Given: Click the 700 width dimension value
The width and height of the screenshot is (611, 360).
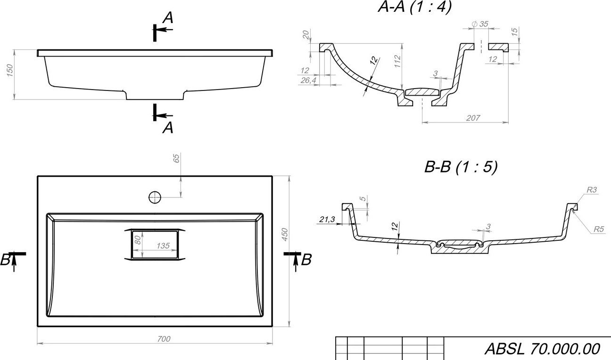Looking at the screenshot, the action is click(164, 339).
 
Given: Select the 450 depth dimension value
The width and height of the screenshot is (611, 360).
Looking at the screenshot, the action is click(284, 235).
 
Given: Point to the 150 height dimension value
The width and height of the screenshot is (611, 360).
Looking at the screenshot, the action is click(10, 70).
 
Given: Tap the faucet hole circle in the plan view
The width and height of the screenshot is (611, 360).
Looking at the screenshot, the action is click(155, 197).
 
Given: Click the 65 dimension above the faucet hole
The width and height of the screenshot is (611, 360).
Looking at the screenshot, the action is click(176, 158).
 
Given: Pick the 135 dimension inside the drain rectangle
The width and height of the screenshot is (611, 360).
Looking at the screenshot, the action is click(163, 246).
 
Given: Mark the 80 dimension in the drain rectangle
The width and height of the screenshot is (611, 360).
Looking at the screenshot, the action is click(138, 240).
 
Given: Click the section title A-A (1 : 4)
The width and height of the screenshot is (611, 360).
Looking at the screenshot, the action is click(415, 7).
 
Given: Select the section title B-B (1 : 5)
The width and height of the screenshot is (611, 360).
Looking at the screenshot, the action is click(461, 167).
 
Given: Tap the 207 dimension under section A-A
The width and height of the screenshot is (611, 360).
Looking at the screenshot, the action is click(473, 118).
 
